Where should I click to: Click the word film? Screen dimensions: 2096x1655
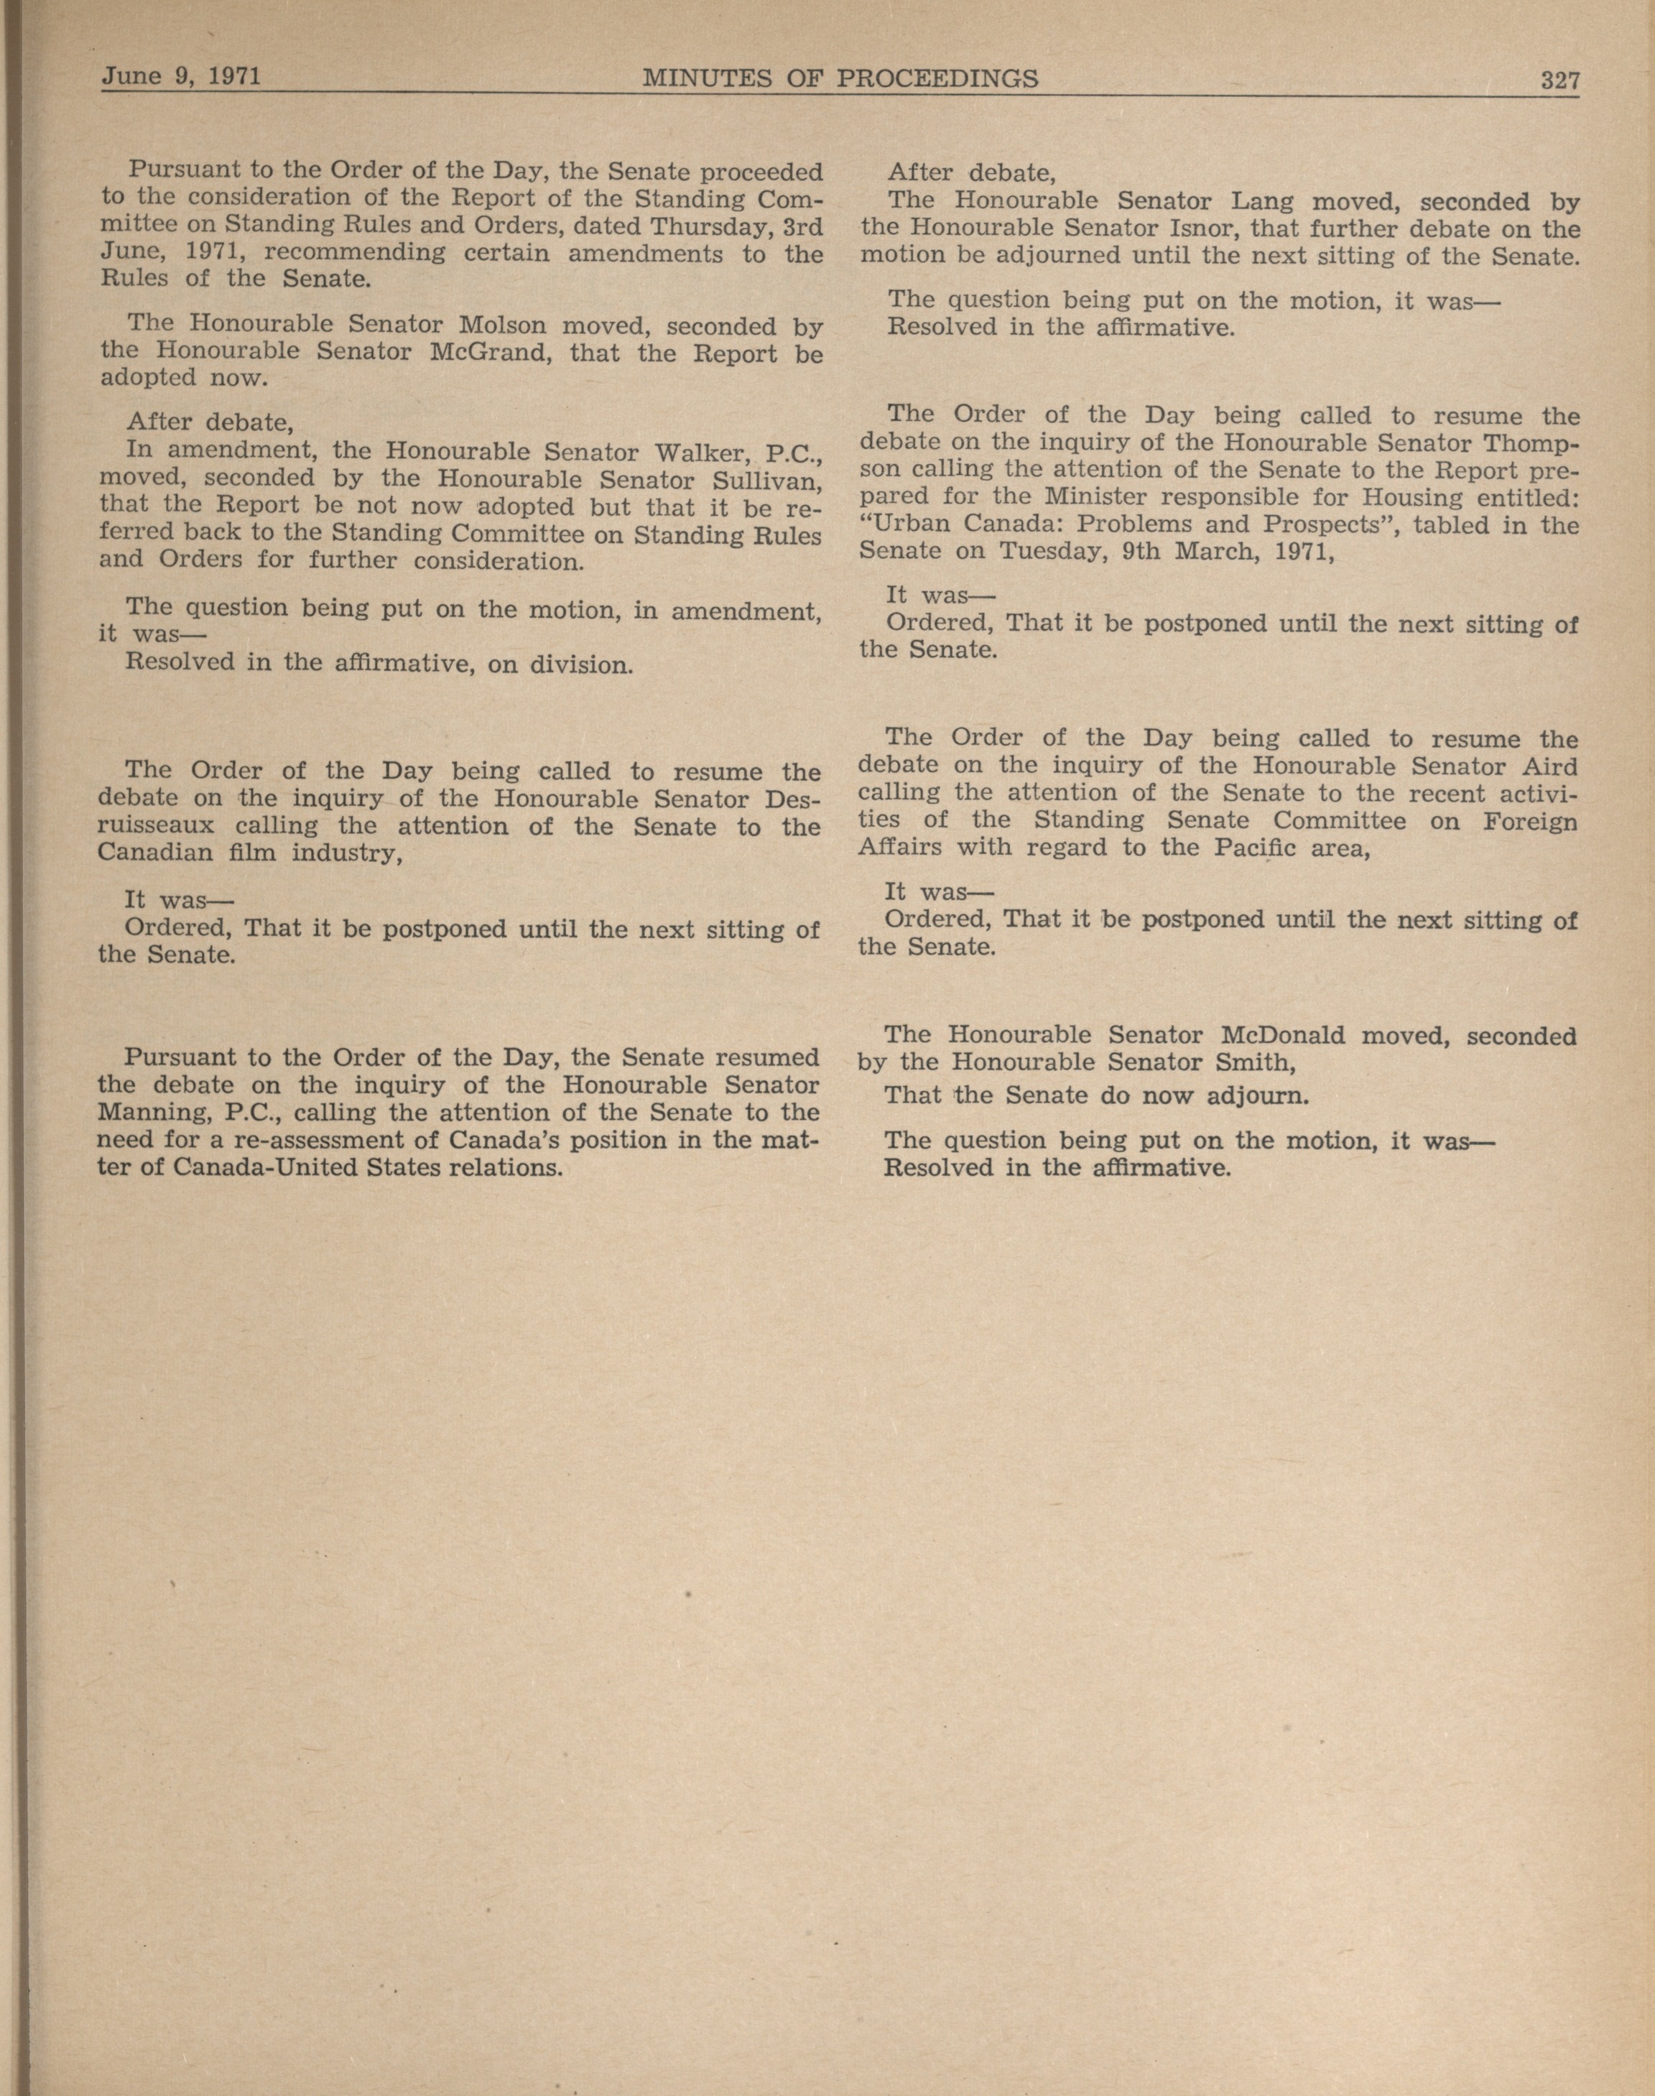237,854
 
